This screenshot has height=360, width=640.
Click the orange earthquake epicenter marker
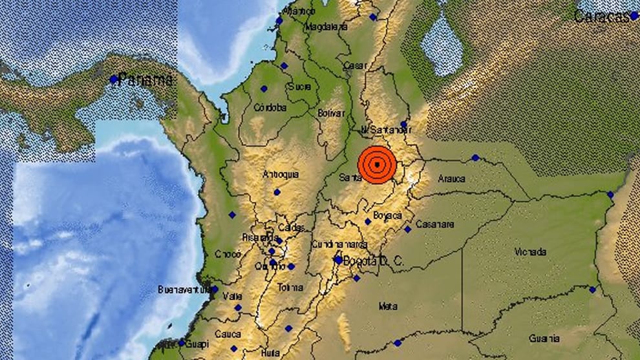376,164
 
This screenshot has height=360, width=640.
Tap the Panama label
147,80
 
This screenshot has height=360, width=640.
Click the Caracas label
601,16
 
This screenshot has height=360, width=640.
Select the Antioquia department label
281,175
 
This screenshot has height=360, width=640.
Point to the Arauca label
451,178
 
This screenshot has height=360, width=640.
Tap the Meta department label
388,306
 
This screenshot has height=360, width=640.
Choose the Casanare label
434,224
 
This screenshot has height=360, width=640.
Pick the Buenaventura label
184,290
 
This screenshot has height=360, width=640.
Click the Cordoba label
270,108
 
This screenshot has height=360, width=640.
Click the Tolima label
289,287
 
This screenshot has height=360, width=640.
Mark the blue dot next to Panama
113,79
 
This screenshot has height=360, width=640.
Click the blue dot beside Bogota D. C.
338,260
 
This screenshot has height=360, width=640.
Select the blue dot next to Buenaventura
214,290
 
